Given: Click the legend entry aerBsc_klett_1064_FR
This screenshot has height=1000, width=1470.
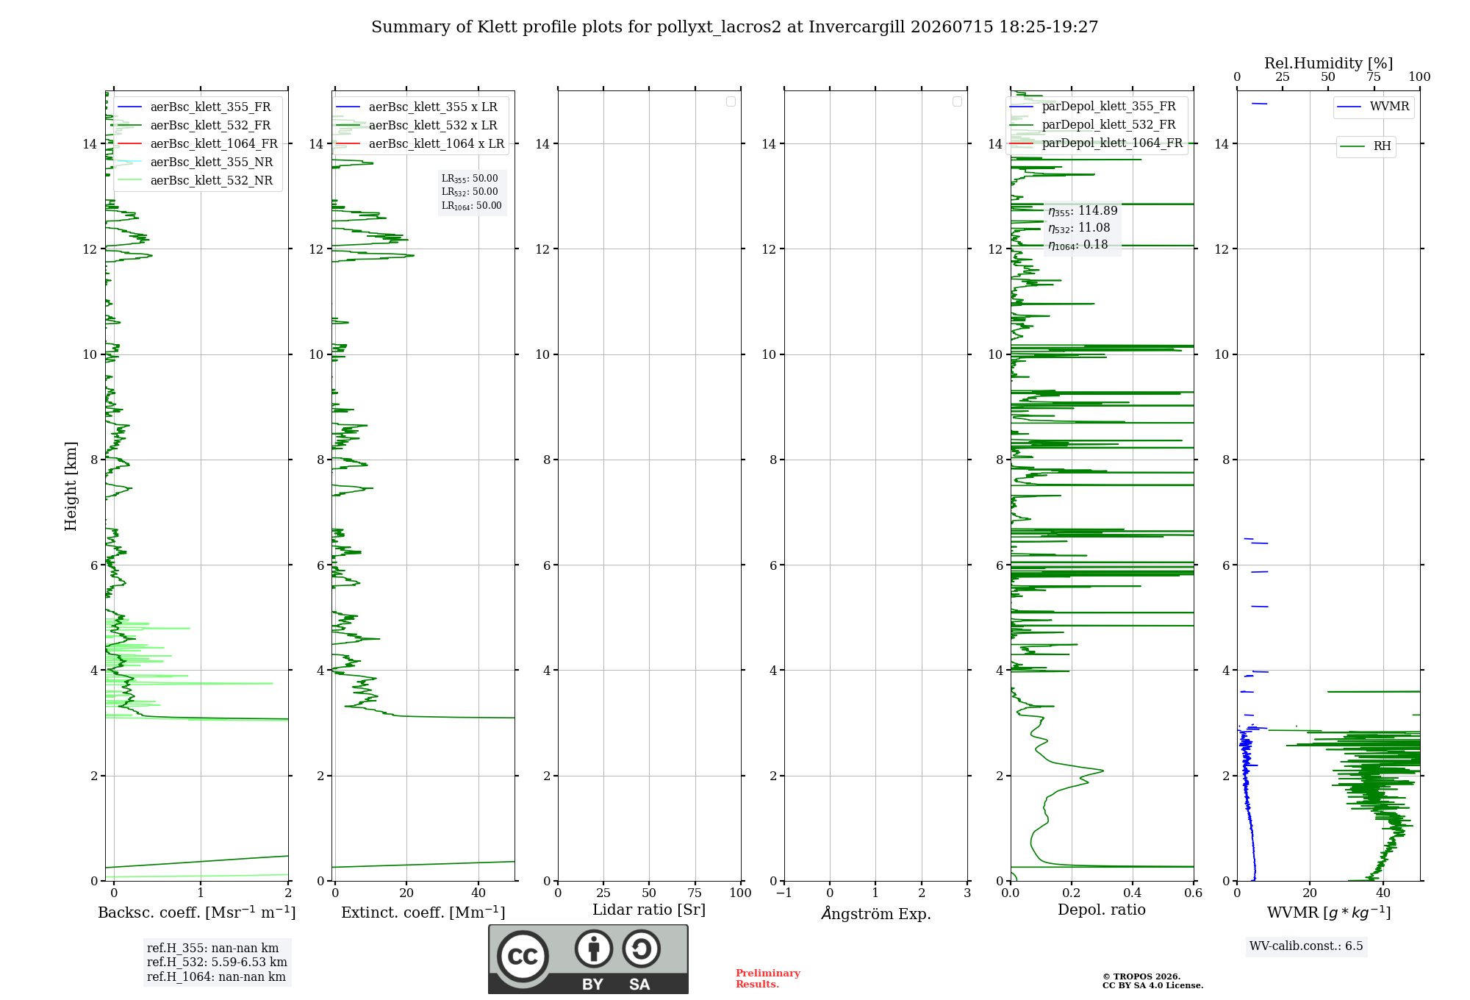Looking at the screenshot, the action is (x=197, y=143).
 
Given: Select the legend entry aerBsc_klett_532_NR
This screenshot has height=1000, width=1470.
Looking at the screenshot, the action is (x=195, y=180).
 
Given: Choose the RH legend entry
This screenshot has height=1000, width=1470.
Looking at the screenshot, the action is (x=1366, y=146).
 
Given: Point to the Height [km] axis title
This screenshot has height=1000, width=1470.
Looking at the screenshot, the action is (x=71, y=486).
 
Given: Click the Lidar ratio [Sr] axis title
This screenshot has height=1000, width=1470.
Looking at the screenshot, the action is (x=649, y=910).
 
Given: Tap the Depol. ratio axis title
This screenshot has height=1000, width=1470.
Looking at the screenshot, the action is (x=1102, y=910).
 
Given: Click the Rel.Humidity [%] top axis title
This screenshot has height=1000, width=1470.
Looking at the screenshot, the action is (x=1329, y=63).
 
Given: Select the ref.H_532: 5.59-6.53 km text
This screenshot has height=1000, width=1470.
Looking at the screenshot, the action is (x=217, y=962).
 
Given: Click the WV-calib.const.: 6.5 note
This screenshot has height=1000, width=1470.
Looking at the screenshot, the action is (x=1306, y=946).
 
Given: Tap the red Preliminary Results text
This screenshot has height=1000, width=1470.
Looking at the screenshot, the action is (x=768, y=979).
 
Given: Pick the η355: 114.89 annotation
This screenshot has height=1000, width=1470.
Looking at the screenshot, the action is (x=1083, y=211).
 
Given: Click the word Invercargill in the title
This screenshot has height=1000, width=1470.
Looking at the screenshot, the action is (x=857, y=27).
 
